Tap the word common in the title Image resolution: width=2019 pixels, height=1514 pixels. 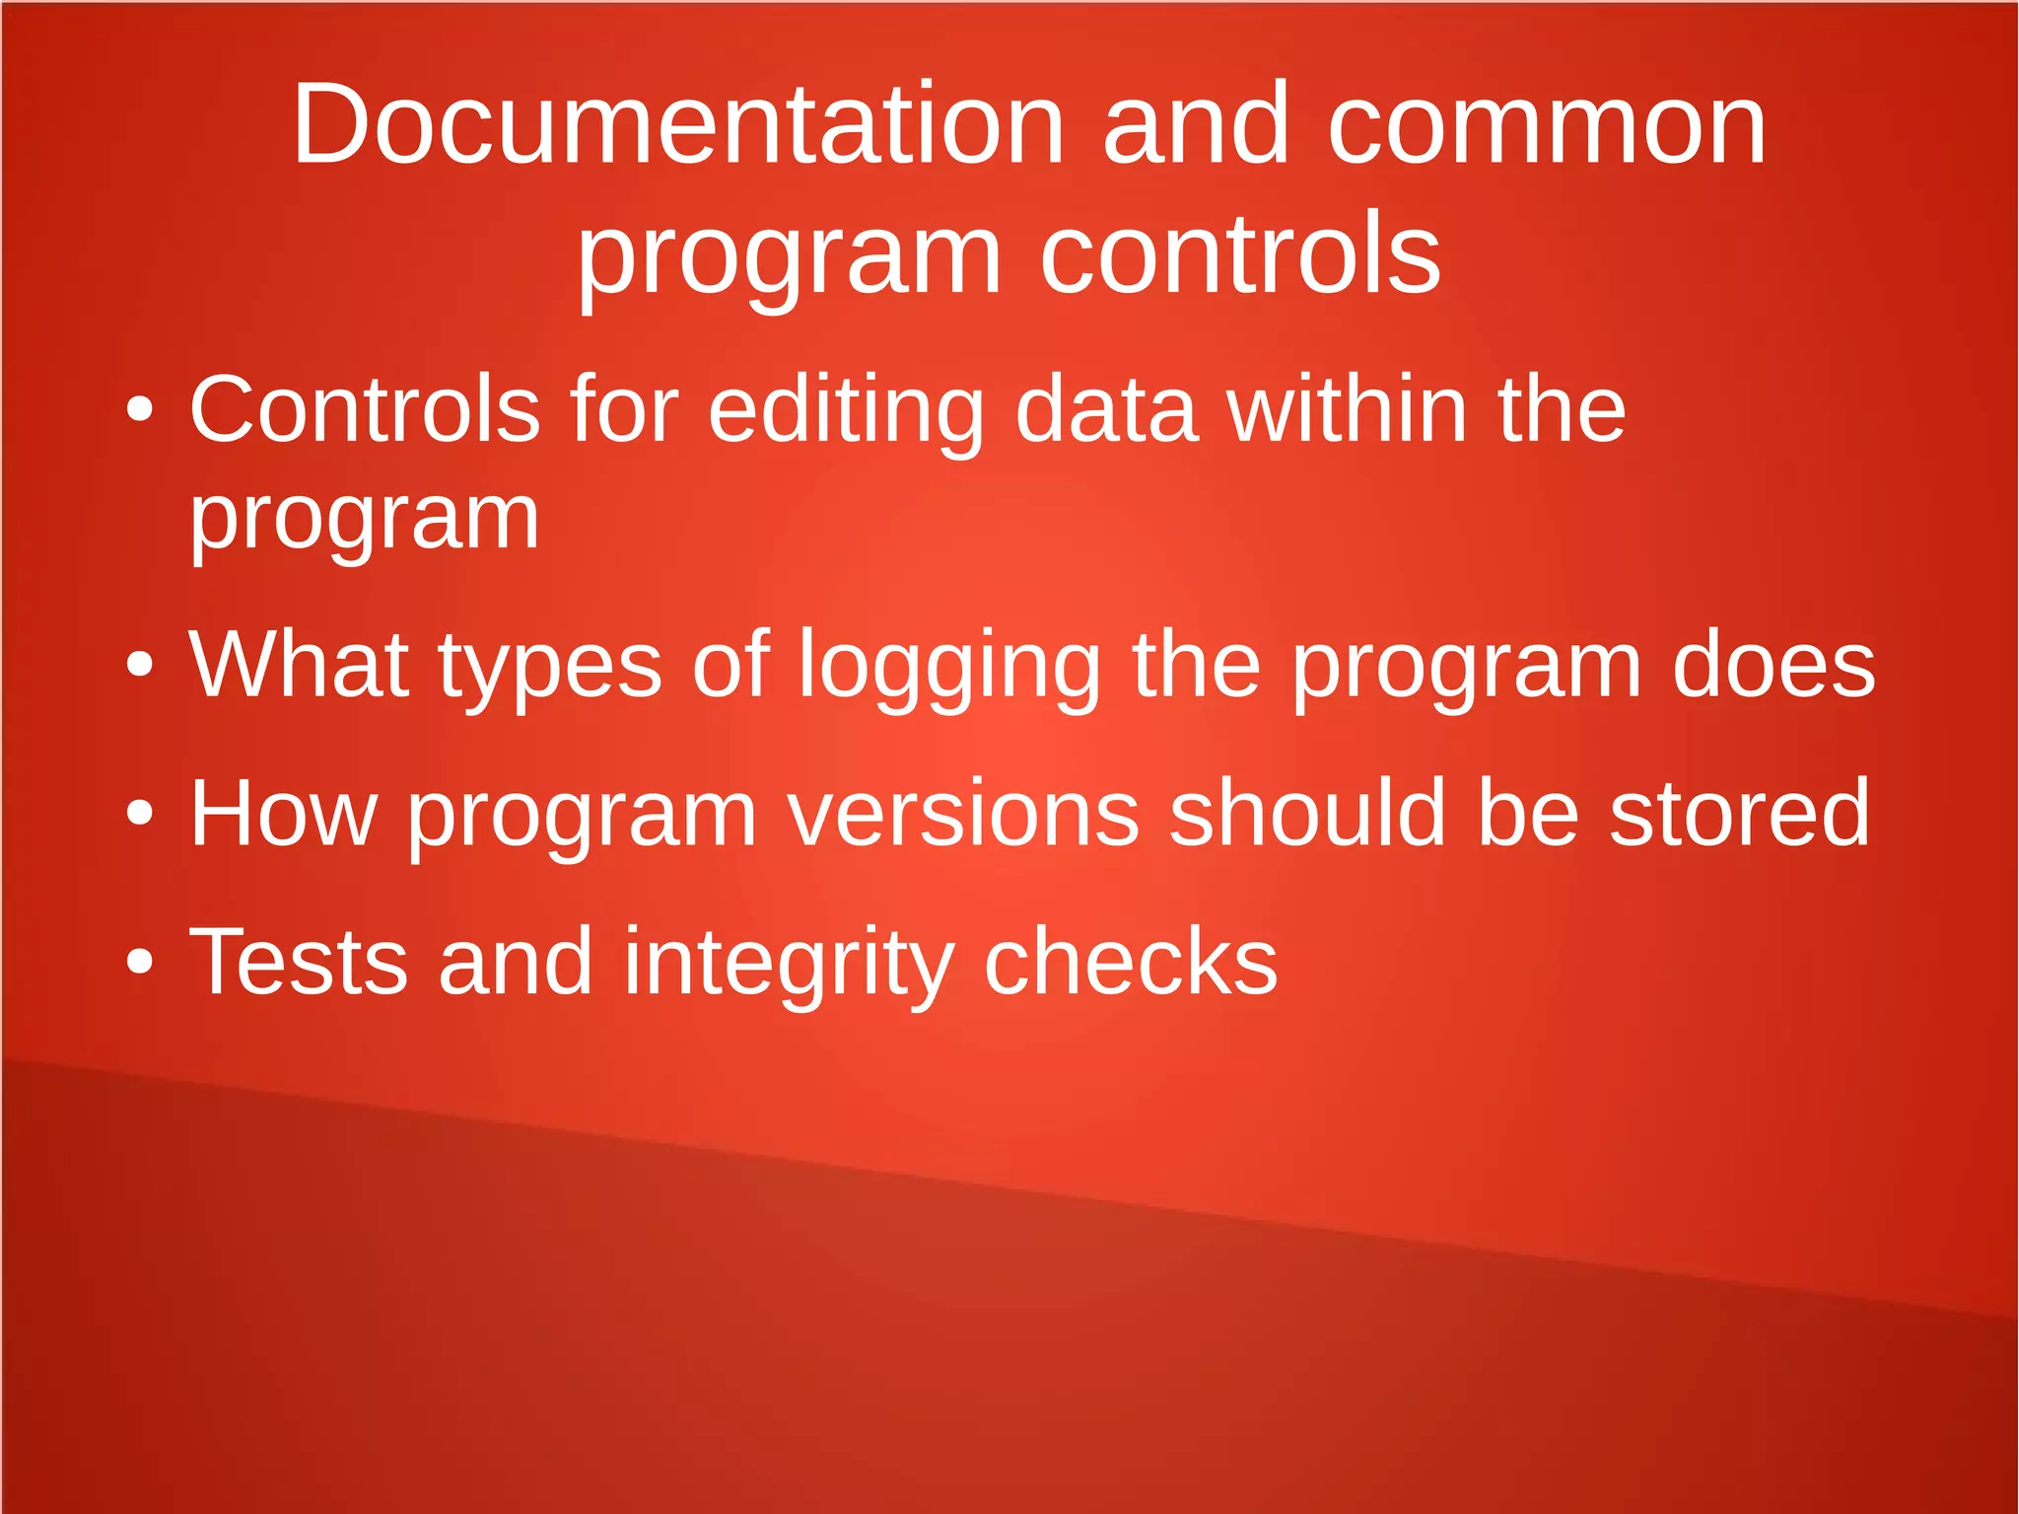coord(1546,125)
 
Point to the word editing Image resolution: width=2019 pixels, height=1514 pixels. coord(846,412)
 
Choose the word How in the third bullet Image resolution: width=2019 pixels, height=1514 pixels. coord(284,814)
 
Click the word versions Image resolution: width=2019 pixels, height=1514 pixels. coord(963,814)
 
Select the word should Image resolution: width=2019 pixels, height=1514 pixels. coord(1307,814)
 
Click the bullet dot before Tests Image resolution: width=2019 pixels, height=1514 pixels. coord(140,961)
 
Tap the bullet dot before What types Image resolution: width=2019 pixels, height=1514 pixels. coord(140,665)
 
